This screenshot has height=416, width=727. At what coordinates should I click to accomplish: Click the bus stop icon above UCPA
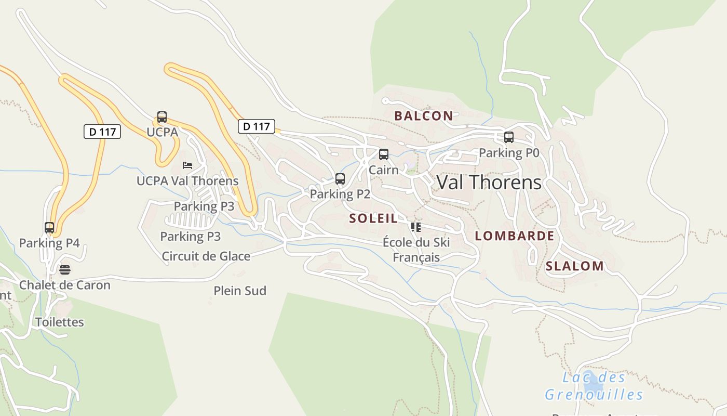click(162, 117)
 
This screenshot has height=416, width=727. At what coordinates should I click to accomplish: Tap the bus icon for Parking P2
click(340, 179)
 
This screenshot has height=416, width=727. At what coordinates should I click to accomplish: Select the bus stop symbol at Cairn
click(384, 154)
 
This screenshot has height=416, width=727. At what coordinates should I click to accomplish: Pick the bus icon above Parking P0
click(509, 137)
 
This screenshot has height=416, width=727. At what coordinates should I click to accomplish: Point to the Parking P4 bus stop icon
click(49, 228)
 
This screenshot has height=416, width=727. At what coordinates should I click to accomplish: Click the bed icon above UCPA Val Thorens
click(187, 165)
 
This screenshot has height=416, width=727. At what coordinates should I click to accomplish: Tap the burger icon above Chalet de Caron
click(65, 270)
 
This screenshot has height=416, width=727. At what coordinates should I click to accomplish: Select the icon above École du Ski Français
click(416, 227)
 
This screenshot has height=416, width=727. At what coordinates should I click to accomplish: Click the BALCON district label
click(423, 116)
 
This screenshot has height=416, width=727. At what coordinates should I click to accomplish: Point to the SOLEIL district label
click(373, 218)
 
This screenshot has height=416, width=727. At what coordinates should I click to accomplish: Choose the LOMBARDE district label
click(515, 236)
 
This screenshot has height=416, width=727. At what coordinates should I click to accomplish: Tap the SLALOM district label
click(574, 266)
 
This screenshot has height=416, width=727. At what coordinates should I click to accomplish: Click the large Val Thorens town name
click(489, 183)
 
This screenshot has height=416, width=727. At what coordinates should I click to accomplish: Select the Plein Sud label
click(240, 291)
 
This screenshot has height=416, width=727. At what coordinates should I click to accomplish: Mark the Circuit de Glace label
click(206, 256)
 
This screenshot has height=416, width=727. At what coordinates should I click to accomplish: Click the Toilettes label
click(60, 322)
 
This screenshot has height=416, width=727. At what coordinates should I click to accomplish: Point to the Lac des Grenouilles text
click(594, 386)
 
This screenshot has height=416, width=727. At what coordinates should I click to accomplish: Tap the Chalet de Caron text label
click(65, 285)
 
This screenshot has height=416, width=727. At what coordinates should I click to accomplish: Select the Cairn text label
click(384, 170)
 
